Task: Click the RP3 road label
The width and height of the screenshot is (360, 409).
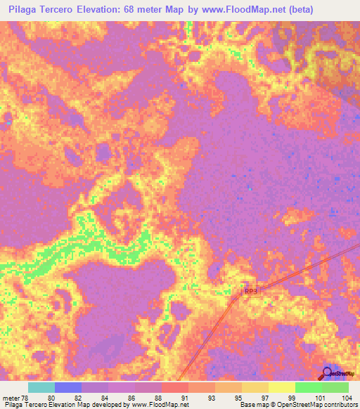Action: [x=250, y=290]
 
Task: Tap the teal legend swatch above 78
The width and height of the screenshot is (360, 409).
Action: [x=41, y=387]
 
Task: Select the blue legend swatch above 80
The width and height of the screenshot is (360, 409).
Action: [x=68, y=387]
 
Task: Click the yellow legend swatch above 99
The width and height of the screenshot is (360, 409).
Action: [x=282, y=387]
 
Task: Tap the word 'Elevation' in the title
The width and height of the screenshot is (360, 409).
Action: [x=108, y=10]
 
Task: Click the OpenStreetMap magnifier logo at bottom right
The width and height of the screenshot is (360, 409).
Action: [x=328, y=373]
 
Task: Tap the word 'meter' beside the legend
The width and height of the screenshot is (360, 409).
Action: [x=12, y=397]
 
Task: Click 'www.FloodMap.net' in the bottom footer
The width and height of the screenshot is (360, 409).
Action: [x=155, y=405]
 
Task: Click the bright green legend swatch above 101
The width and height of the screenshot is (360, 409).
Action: [x=309, y=387]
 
